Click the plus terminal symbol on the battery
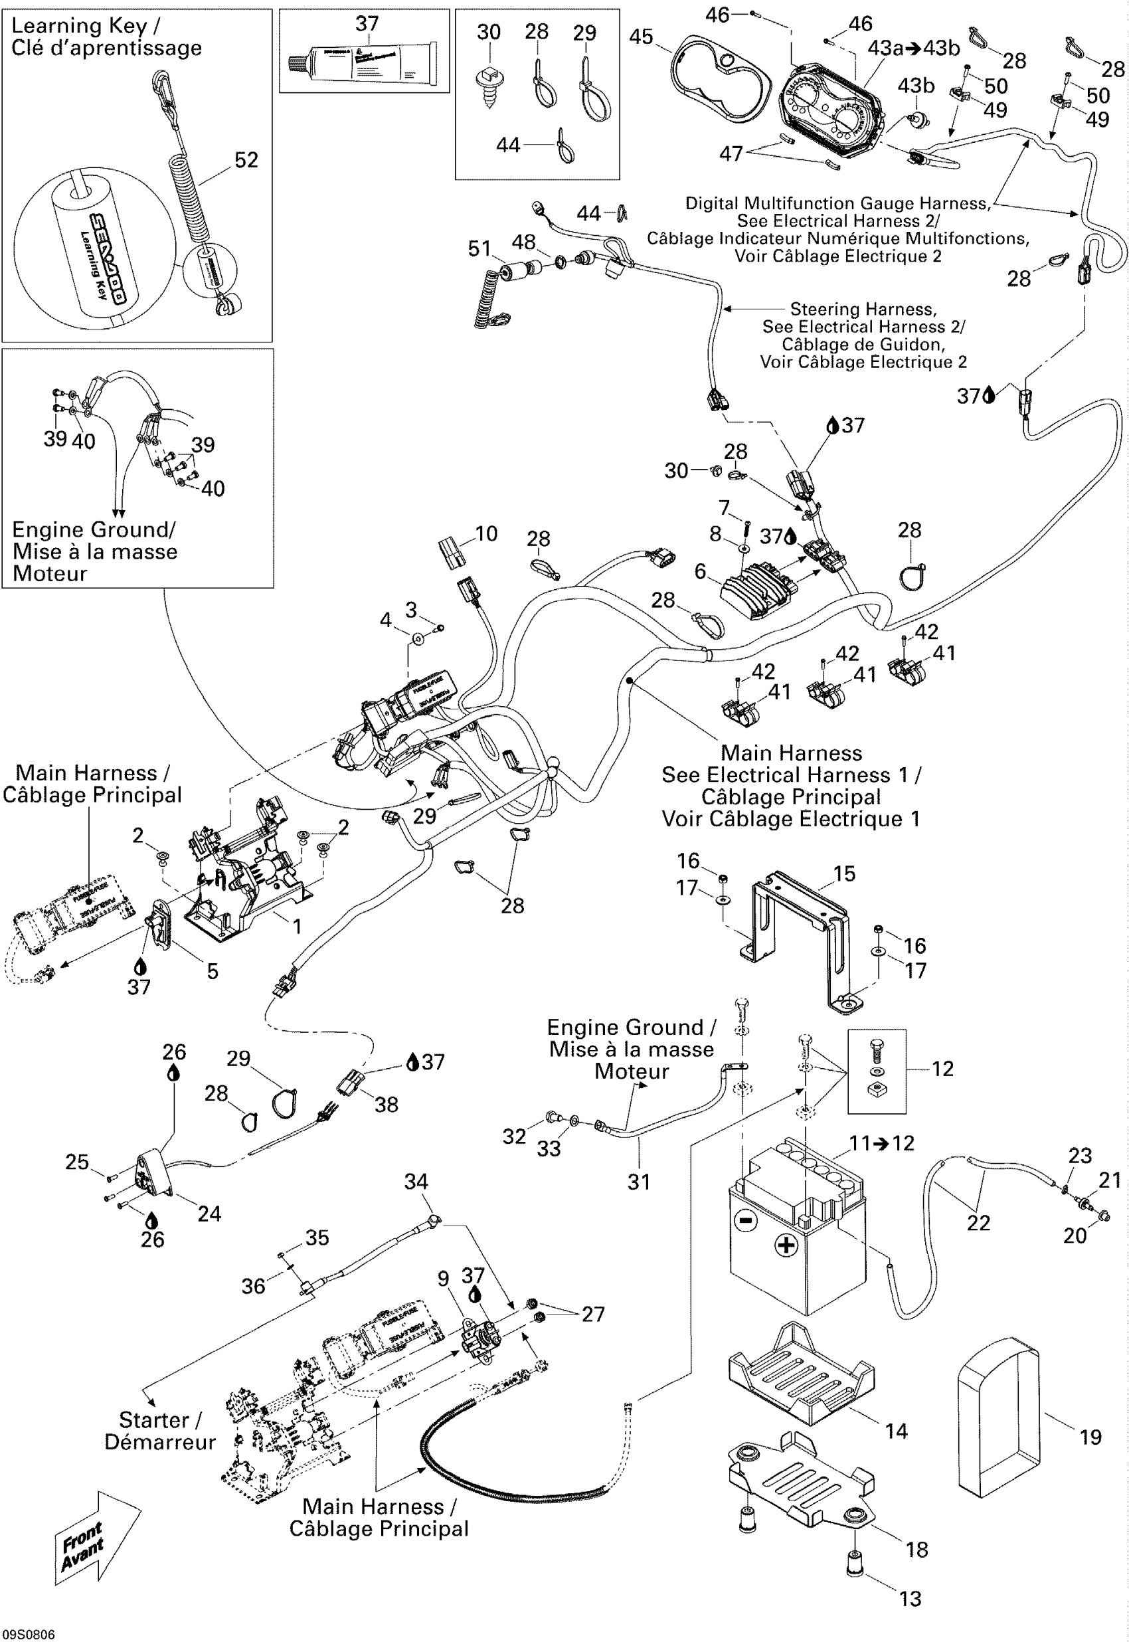pyautogui.click(x=786, y=1245)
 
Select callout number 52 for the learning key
pyautogui.click(x=246, y=160)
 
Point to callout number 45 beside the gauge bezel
pyautogui.click(x=641, y=37)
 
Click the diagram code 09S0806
pyautogui.click(x=29, y=1635)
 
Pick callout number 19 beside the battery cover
pyautogui.click(x=1090, y=1437)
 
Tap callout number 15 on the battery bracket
pyautogui.click(x=844, y=873)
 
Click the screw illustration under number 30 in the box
pyautogui.click(x=489, y=85)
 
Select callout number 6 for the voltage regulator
pyautogui.click(x=701, y=571)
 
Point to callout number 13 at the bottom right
pyautogui.click(x=911, y=1599)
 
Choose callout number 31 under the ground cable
pyautogui.click(x=639, y=1182)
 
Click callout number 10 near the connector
pyautogui.click(x=486, y=533)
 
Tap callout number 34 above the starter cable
pyautogui.click(x=416, y=1182)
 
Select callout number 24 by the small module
pyautogui.click(x=209, y=1214)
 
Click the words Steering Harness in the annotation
pyautogui.click(x=863, y=309)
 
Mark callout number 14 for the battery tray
pyautogui.click(x=897, y=1431)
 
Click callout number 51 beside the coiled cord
pyautogui.click(x=479, y=248)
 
